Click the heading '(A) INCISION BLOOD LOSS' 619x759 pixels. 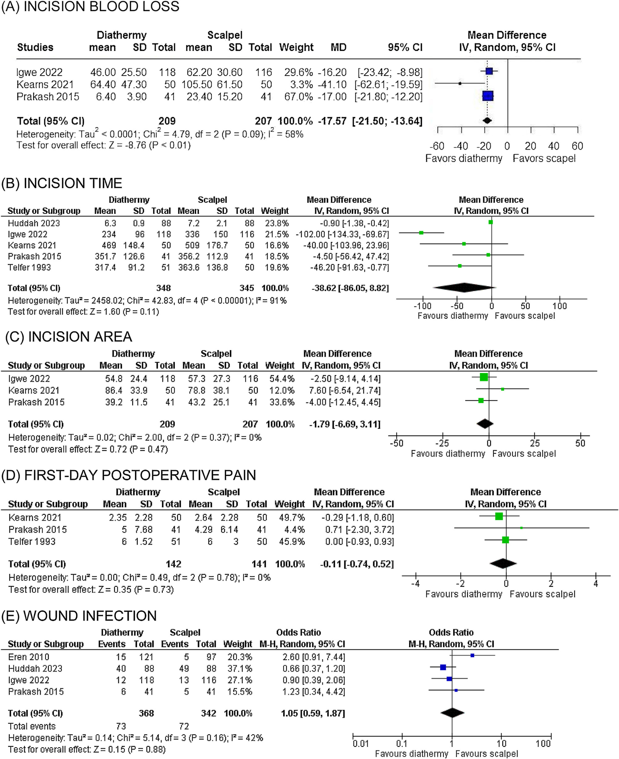coord(90,7)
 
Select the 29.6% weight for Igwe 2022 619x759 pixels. coord(298,72)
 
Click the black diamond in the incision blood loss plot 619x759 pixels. coord(487,121)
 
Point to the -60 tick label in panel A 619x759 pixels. coord(437,146)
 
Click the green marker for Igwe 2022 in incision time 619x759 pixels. coord(421,233)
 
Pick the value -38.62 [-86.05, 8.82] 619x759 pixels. coord(350,288)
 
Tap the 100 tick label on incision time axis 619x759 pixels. coord(560,306)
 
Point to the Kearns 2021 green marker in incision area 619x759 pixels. coord(502,389)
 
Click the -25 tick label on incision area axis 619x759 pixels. coord(442,443)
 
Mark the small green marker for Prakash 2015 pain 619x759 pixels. coord(521,528)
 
